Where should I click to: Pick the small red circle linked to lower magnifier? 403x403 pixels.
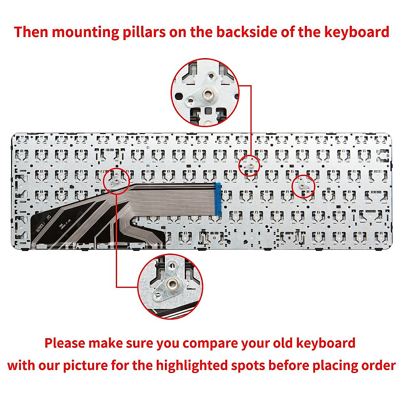tap(117, 181)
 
